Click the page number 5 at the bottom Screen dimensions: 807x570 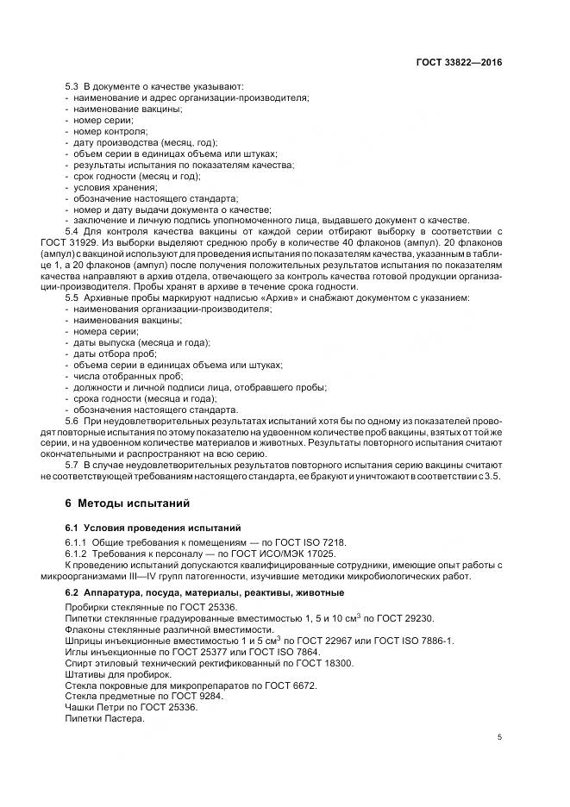click(500, 737)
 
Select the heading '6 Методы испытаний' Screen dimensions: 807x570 click(122, 503)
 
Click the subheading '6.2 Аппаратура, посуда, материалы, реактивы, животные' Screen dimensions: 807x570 click(204, 593)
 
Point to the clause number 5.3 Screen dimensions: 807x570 click(72, 87)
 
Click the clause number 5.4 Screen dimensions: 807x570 click(72, 233)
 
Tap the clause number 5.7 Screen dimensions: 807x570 click(72, 466)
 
